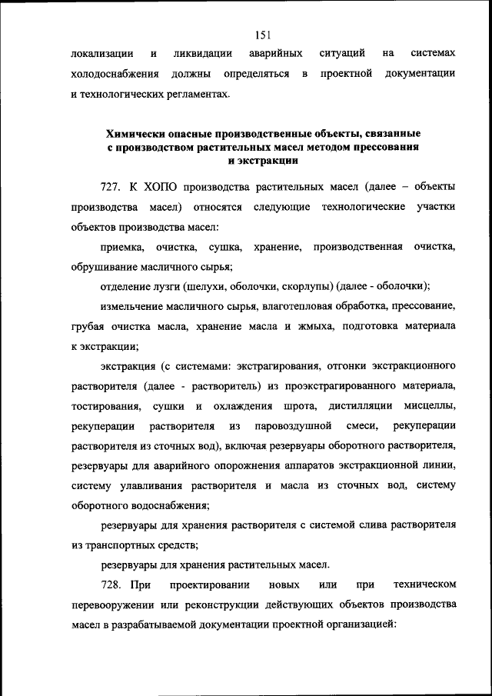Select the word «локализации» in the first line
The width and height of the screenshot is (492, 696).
99,54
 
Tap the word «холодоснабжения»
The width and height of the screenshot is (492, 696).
115,74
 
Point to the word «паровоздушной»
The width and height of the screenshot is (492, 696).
297,425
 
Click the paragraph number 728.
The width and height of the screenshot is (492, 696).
112,585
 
